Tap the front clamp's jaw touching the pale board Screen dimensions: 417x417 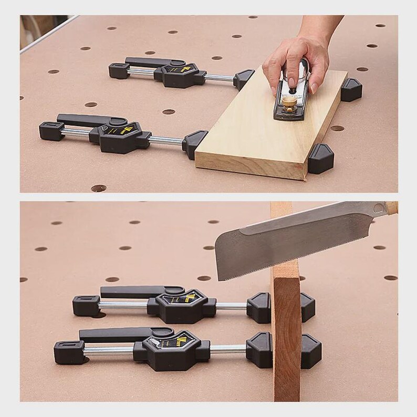(195, 143)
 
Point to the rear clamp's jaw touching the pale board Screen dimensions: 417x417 (243, 79)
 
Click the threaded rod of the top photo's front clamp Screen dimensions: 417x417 (167, 141)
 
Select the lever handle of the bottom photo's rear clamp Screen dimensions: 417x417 (131, 291)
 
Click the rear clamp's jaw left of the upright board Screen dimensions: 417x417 (259, 308)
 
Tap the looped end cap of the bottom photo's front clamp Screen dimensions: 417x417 (67, 350)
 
